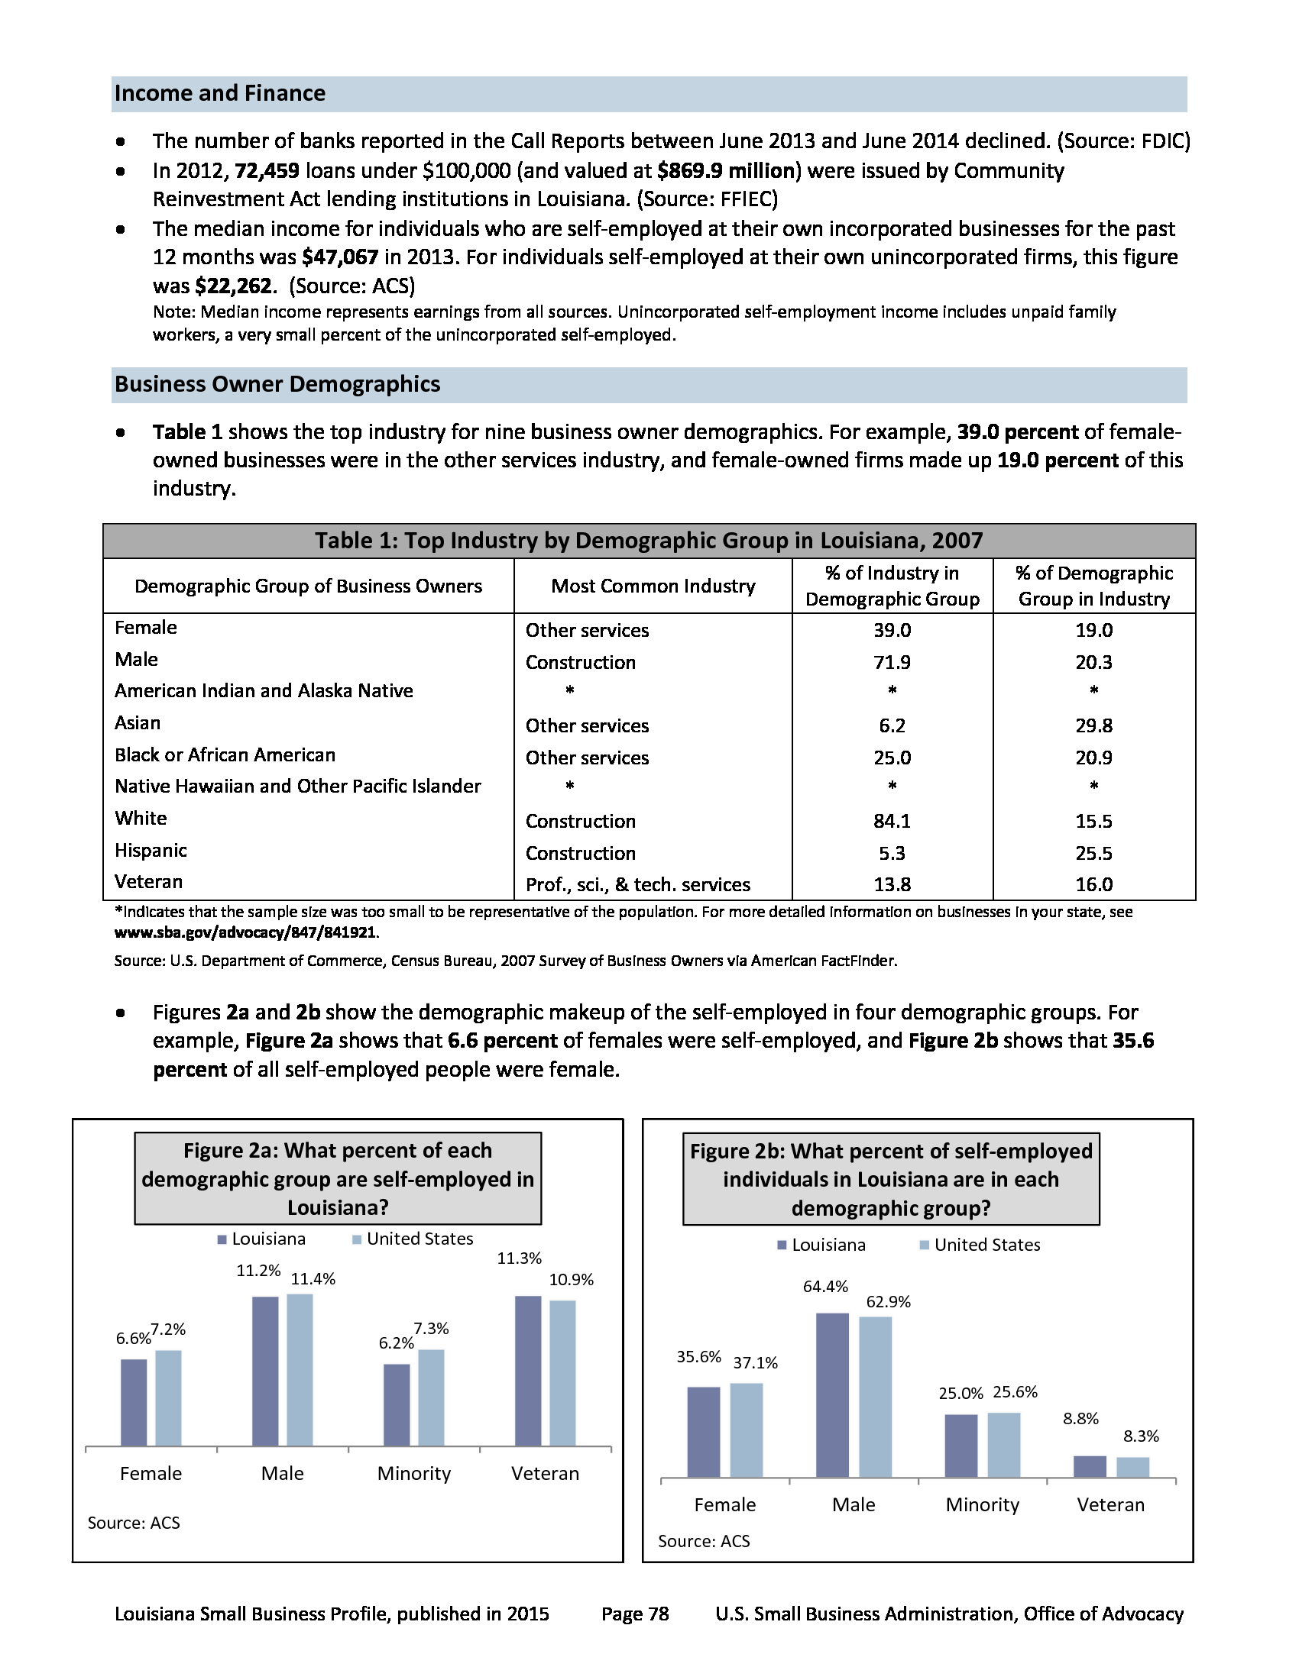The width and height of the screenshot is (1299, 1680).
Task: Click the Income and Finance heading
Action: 220,94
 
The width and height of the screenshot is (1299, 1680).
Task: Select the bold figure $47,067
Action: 340,257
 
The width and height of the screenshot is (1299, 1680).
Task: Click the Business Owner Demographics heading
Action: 277,385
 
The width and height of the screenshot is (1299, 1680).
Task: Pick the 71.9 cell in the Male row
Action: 892,662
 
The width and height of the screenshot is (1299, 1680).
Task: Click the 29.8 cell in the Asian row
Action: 1093,725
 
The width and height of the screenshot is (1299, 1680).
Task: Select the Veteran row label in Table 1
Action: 148,881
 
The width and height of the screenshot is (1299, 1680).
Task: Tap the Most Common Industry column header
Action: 653,586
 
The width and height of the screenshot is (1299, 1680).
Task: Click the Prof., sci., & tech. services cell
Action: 637,884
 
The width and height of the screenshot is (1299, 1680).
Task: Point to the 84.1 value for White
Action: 892,821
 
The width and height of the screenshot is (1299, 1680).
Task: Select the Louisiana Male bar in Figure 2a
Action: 265,1371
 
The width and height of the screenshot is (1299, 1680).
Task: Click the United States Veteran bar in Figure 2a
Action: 562,1373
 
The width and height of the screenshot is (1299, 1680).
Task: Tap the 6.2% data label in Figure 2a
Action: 397,1343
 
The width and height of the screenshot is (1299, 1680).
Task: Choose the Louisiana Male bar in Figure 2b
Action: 832,1394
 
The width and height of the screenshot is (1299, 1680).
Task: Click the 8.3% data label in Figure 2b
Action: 1141,1436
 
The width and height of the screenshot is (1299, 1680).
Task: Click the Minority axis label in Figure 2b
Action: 982,1504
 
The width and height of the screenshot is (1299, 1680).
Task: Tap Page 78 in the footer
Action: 635,1614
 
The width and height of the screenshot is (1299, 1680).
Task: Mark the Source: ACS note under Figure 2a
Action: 134,1523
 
